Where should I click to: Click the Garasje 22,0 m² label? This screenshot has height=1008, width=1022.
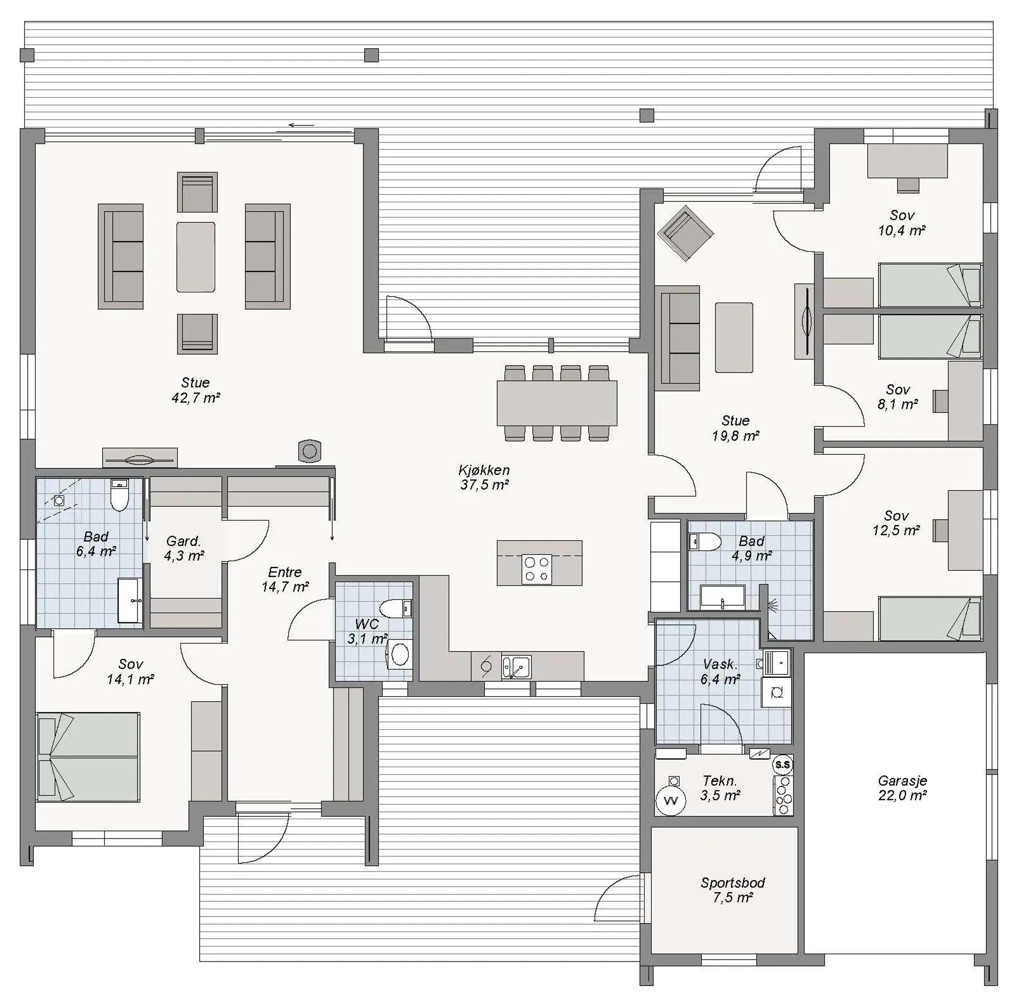click(903, 788)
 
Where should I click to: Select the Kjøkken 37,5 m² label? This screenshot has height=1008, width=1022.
click(484, 477)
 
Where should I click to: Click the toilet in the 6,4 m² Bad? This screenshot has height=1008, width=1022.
click(119, 495)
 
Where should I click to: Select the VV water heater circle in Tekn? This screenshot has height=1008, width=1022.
click(671, 801)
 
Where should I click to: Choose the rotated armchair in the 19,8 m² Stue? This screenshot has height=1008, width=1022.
click(686, 233)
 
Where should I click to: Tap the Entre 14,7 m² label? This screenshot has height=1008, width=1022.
click(285, 579)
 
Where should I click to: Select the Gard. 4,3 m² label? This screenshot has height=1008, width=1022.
click(184, 548)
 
